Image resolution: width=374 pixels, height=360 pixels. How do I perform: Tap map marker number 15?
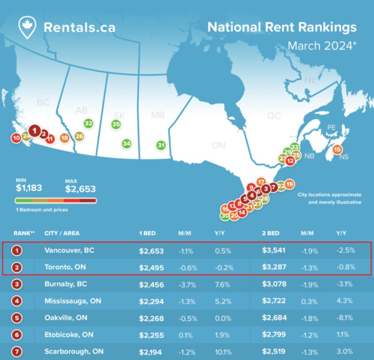tap(337, 149)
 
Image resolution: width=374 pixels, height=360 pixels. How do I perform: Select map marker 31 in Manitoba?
tap(161, 145)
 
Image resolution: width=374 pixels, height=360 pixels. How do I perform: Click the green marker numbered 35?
tap(116, 124)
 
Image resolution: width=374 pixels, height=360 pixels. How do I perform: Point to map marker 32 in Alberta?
tap(88, 124)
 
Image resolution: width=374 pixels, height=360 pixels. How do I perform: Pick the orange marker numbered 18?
tap(65, 138)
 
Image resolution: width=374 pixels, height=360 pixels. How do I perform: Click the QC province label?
tap(274, 116)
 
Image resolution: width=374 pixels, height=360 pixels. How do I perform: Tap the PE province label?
tap(331, 128)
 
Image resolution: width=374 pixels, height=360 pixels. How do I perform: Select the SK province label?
tap(119, 116)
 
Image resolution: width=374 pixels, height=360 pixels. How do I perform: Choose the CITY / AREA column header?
tap(62, 233)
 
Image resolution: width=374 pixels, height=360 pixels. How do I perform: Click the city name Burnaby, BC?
tap(65, 284)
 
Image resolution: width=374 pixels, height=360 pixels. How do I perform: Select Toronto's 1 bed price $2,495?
tap(151, 267)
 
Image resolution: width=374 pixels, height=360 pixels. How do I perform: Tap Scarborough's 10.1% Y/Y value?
tap(223, 352)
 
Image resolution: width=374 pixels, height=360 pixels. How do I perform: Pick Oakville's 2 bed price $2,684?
tap(274, 318)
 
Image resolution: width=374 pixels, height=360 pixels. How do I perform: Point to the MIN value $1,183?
tap(29, 188)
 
